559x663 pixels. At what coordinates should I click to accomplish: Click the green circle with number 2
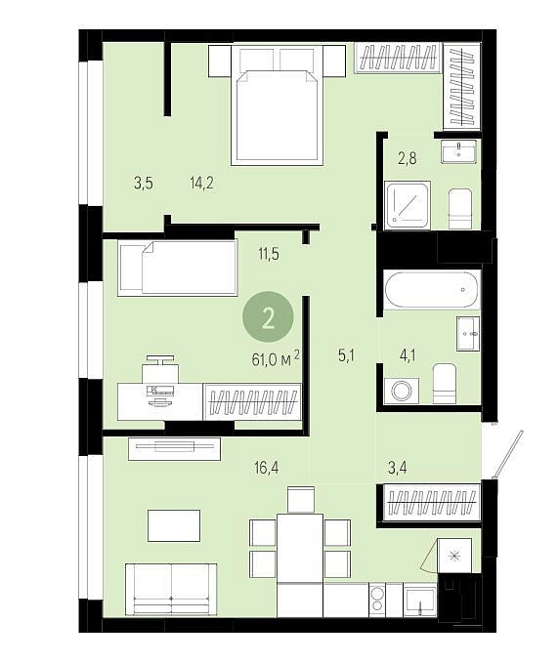pyautogui.click(x=268, y=317)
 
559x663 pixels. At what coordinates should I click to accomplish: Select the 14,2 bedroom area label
pyautogui.click(x=202, y=184)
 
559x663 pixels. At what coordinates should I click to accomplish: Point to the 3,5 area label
pyautogui.click(x=144, y=184)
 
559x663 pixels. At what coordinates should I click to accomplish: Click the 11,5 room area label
pyautogui.click(x=269, y=255)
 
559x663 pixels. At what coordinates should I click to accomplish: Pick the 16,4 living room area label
pyautogui.click(x=267, y=468)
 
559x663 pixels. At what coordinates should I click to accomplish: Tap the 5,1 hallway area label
pyautogui.click(x=346, y=356)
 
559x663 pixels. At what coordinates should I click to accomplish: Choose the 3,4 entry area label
pyautogui.click(x=398, y=468)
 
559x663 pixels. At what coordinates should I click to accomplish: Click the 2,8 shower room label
pyautogui.click(x=407, y=158)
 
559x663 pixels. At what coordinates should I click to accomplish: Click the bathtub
pyautogui.click(x=432, y=290)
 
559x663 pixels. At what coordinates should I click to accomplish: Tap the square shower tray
pyautogui.click(x=408, y=205)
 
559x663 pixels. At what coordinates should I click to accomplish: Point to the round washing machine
pyautogui.click(x=402, y=391)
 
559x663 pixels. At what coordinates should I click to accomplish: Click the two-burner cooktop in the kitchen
pyautogui.click(x=376, y=600)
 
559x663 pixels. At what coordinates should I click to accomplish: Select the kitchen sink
pyautogui.click(x=420, y=600)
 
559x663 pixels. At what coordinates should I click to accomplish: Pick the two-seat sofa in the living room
pyautogui.click(x=171, y=590)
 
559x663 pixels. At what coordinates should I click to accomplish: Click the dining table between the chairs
pyautogui.click(x=300, y=548)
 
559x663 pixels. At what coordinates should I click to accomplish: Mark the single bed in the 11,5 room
pyautogui.click(x=177, y=268)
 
